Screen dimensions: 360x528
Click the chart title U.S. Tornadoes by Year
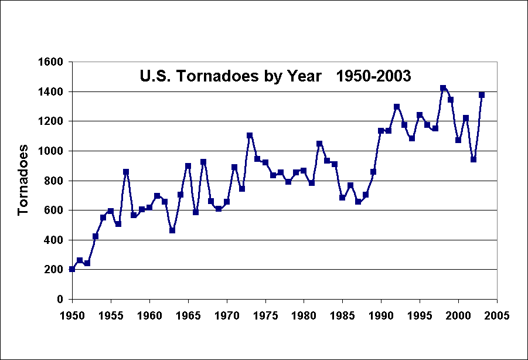pyautogui.click(x=275, y=76)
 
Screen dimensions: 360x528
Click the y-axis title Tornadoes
pyautogui.click(x=23, y=180)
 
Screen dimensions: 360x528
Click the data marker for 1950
pyautogui.click(x=72, y=269)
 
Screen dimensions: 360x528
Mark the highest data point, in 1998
pyautogui.click(x=443, y=88)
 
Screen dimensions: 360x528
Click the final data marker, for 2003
pyautogui.click(x=482, y=95)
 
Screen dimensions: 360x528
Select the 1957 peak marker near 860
pyautogui.click(x=126, y=172)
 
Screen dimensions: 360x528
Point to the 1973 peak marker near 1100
pyautogui.click(x=250, y=135)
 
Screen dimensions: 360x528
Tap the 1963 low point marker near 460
pyautogui.click(x=172, y=230)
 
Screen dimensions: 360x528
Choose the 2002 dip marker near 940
pyautogui.click(x=474, y=159)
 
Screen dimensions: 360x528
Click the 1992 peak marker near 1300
pyautogui.click(x=397, y=107)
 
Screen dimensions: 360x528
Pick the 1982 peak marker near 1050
pyautogui.click(x=319, y=144)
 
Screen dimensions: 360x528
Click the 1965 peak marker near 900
pyautogui.click(x=188, y=166)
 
